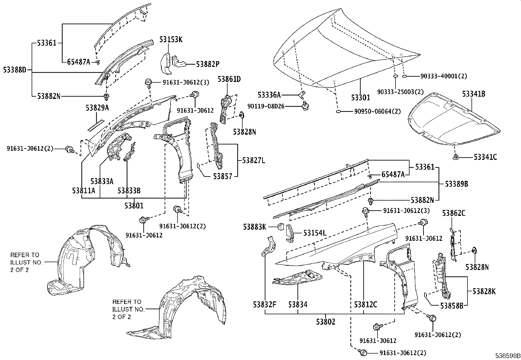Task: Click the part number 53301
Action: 360,98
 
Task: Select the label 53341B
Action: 474,94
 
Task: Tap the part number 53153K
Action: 171,40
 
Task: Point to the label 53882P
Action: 207,64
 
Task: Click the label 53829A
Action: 97,108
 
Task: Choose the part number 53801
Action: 134,206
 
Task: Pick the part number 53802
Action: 326,322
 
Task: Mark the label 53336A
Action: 269,95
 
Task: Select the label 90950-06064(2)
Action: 377,111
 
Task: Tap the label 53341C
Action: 485,157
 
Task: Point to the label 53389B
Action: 456,184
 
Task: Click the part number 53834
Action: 298,305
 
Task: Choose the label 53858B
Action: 452,306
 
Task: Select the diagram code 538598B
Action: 507,356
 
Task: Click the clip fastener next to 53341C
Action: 456,157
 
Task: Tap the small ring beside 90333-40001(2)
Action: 404,76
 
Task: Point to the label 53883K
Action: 255,226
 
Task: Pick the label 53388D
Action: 14,69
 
